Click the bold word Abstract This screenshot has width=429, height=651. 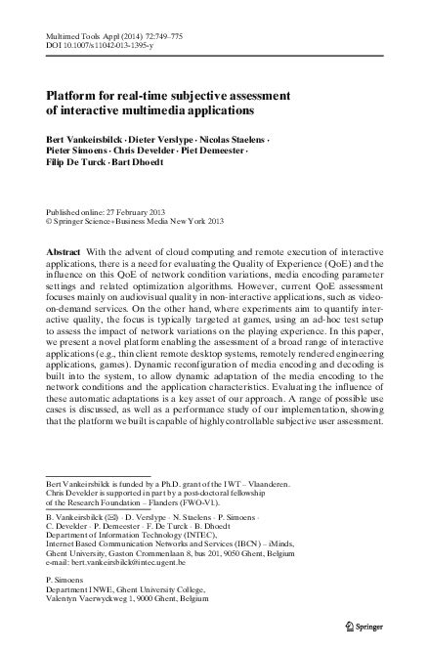coord(67,251)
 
